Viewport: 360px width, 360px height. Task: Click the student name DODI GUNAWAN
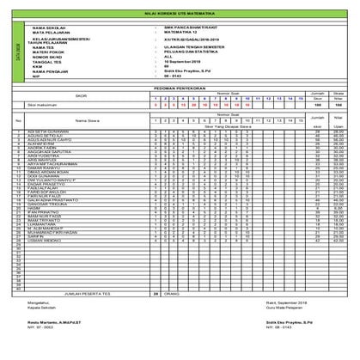[x=49, y=176]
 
